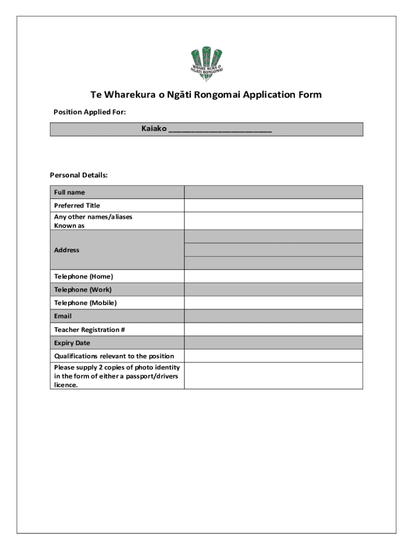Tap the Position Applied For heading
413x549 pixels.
point(90,112)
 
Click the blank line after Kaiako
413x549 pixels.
point(220,129)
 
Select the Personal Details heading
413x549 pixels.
point(79,175)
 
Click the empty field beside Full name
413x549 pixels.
point(273,192)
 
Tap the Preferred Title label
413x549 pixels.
point(77,205)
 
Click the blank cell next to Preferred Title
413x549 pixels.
point(273,205)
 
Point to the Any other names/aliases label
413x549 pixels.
point(93,217)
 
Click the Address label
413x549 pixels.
point(67,250)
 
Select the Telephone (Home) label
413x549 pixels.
point(83,277)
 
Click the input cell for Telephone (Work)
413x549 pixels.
point(273,290)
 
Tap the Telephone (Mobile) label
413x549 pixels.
point(85,303)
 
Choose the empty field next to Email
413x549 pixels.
point(273,316)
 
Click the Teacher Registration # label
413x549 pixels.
point(90,330)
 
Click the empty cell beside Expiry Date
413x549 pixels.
point(273,343)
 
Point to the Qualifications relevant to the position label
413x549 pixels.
point(114,356)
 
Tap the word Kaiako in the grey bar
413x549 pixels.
point(154,129)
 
